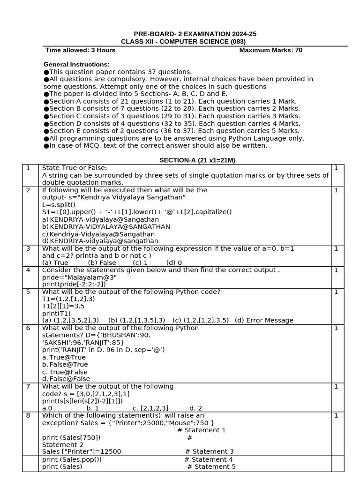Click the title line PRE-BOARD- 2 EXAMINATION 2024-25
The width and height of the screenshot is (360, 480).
click(x=195, y=34)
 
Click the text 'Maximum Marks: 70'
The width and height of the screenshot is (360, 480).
click(x=270, y=50)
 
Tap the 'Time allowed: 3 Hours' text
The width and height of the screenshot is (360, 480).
click(x=80, y=50)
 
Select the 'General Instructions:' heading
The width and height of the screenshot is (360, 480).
click(x=76, y=64)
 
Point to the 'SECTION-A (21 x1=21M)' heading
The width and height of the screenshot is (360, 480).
click(x=197, y=160)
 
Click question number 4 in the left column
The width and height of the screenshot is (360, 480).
click(x=29, y=270)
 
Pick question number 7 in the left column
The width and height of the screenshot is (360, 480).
click(x=29, y=386)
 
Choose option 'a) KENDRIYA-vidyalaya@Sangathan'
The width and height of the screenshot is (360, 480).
click(x=100, y=219)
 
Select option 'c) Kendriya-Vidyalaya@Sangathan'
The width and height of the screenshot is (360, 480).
click(x=98, y=234)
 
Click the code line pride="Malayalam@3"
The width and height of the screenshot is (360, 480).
click(x=79, y=277)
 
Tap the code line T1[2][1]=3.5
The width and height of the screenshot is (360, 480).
click(x=63, y=306)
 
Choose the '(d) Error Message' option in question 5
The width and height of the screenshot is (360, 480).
click(x=264, y=321)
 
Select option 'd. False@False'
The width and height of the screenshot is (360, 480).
click(x=66, y=379)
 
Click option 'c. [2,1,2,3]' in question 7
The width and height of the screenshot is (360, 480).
click(x=150, y=408)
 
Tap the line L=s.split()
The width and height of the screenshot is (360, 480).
click(x=59, y=205)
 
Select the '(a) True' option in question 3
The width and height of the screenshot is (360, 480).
click(x=55, y=263)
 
